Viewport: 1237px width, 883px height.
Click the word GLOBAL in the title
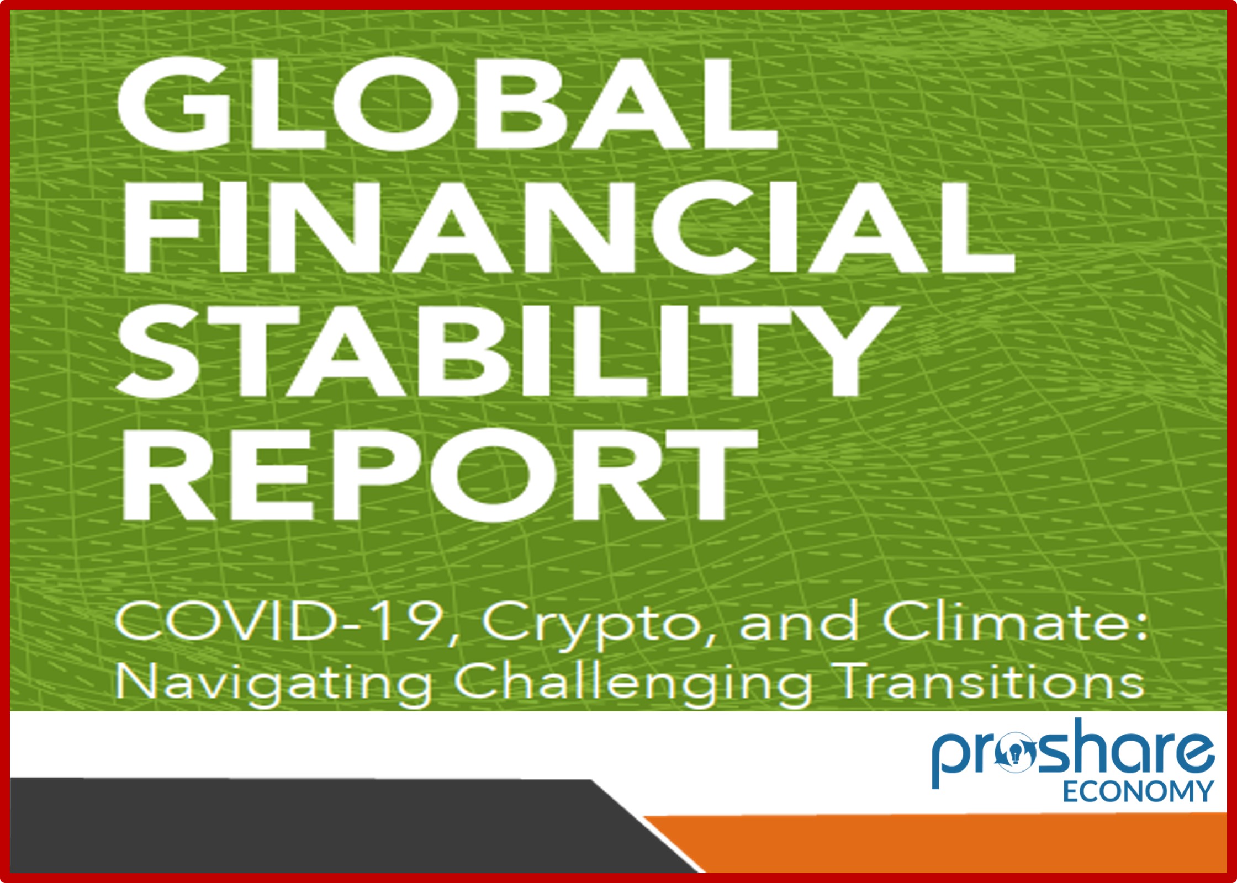446,103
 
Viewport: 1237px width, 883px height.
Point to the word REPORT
438,475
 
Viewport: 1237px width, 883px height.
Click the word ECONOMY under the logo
1138,791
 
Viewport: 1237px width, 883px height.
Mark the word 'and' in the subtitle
799,622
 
